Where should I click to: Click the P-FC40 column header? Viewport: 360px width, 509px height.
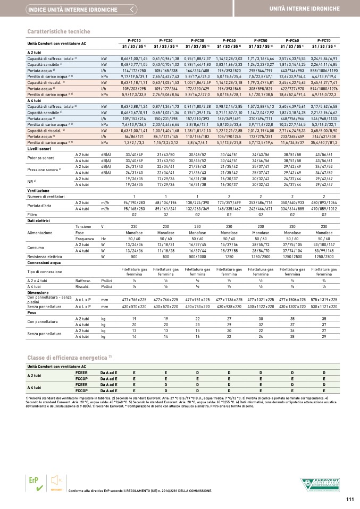click(x=229, y=40)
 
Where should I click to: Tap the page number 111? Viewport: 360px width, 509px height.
click(x=349, y=498)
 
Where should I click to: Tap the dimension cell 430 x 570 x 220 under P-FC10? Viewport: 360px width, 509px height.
click(x=134, y=307)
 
